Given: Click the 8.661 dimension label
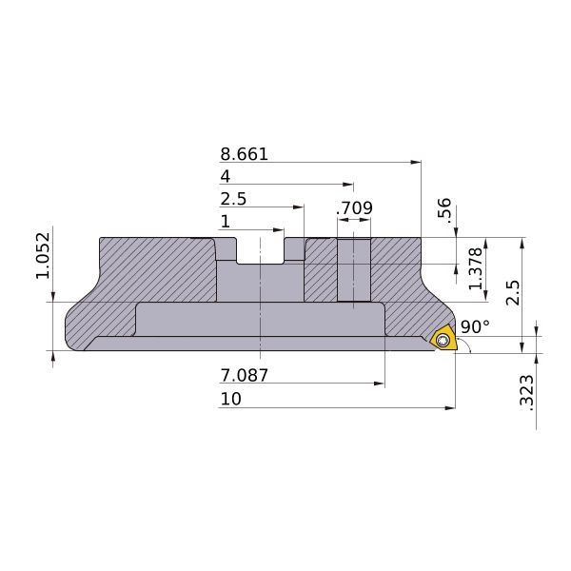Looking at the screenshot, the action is (244, 154).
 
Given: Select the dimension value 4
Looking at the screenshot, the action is (226, 177).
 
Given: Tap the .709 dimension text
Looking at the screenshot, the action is (354, 207).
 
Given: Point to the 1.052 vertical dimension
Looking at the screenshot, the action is (43, 255).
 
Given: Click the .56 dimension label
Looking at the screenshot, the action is (444, 210).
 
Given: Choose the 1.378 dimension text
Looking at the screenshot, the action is (476, 268).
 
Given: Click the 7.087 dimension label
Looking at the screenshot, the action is (244, 375).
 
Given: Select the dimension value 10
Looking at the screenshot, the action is (231, 399).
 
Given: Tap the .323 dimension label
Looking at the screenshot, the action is (526, 392).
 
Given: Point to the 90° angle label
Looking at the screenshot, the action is (475, 326).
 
